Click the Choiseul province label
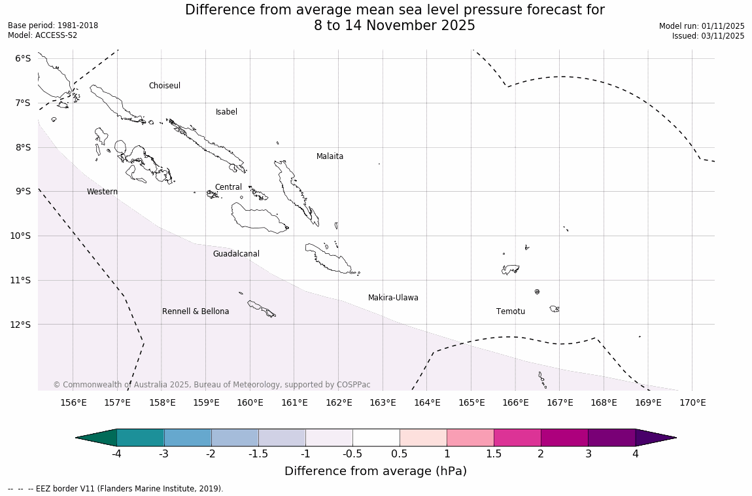pyautogui.click(x=164, y=86)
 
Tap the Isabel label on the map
pyautogui.click(x=226, y=112)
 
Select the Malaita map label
pyautogui.click(x=330, y=156)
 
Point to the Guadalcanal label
pyautogui.click(x=236, y=254)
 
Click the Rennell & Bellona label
pyautogui.click(x=196, y=311)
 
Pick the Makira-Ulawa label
pyautogui.click(x=393, y=298)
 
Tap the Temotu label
pyautogui.click(x=510, y=311)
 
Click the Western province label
pyautogui.click(x=102, y=192)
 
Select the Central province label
pyautogui.click(x=228, y=187)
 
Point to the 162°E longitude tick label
pyautogui.click(x=339, y=402)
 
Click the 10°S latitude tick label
pyautogui.click(x=23, y=236)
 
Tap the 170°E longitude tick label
pyautogui.click(x=692, y=402)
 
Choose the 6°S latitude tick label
pyautogui.click(x=23, y=58)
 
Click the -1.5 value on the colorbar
pyautogui.click(x=258, y=453)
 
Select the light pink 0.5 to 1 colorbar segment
pyautogui.click(x=423, y=438)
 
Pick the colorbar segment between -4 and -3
pyautogui.click(x=141, y=438)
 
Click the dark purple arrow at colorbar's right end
pyautogui.click(x=654, y=438)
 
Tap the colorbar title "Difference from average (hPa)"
pyautogui.click(x=375, y=471)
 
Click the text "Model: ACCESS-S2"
pyautogui.click(x=43, y=35)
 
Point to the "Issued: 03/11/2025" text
pyautogui.click(x=708, y=36)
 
